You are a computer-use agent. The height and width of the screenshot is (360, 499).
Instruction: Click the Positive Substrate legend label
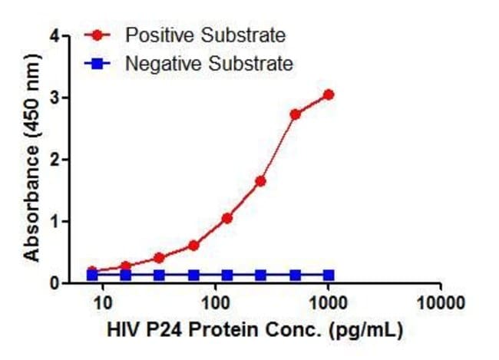point(205,35)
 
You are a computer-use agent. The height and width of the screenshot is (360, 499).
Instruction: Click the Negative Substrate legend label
point(209,64)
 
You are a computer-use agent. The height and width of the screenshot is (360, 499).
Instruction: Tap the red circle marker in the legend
point(97,35)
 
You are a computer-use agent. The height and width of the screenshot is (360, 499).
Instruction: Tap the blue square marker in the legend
point(97,64)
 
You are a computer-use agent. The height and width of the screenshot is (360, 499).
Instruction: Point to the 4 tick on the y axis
point(54,35)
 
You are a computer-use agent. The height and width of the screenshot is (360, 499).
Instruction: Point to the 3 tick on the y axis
point(54,97)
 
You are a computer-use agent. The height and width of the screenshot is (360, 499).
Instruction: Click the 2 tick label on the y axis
point(54,160)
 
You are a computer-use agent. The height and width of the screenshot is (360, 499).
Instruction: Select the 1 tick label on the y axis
point(54,222)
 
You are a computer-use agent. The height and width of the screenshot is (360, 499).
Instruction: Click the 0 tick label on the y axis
point(54,283)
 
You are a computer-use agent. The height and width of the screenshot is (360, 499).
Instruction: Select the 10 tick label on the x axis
point(102,302)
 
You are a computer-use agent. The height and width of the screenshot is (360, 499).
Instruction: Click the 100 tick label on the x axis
point(216,302)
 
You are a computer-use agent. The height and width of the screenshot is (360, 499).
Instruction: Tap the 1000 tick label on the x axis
point(329,302)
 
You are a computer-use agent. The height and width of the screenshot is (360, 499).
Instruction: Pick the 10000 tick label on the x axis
point(442,302)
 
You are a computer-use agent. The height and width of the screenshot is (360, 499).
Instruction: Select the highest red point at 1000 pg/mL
point(329,94)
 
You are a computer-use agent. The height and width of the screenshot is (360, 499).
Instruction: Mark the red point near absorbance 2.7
point(295,114)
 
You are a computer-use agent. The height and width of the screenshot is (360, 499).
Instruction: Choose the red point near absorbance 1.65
point(260,181)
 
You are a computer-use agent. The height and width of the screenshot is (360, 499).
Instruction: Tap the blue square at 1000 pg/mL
point(329,275)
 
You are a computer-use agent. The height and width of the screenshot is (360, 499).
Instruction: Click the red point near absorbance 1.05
point(226,218)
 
